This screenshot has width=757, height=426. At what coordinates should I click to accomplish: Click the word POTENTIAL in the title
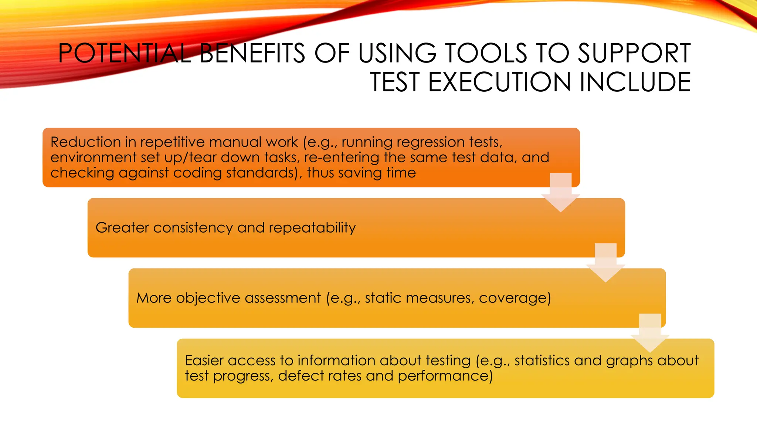point(124,53)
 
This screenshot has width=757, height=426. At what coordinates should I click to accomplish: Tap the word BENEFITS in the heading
point(252,53)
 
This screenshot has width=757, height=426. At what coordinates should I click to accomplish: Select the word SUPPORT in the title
point(634,53)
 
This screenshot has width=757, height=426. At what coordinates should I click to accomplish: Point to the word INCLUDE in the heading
point(635,82)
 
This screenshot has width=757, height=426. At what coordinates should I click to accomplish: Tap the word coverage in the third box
point(515,298)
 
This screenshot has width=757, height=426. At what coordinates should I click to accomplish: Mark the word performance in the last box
point(445,376)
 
